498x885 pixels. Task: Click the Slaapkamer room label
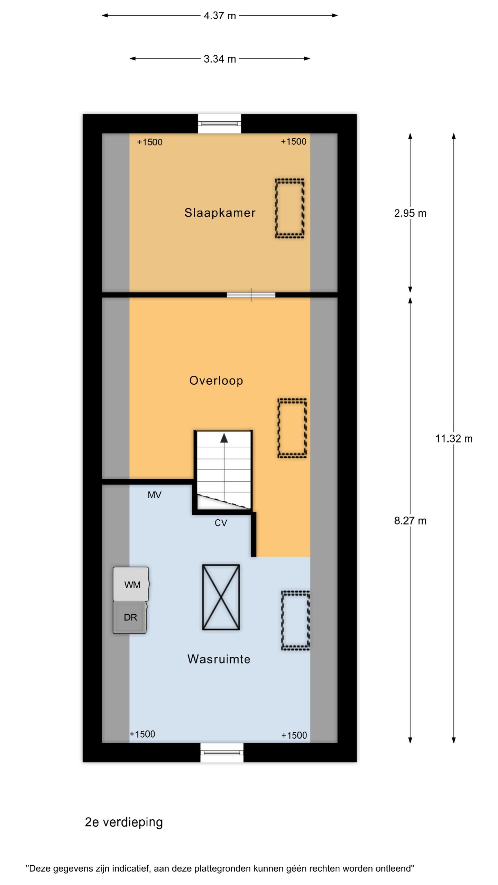click(220, 213)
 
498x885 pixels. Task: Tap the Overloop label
click(216, 381)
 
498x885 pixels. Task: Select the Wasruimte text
click(219, 659)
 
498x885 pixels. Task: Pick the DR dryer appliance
click(130, 617)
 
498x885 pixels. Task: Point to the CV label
click(221, 523)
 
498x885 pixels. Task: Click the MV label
click(154, 495)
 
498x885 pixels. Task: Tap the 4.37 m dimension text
click(220, 16)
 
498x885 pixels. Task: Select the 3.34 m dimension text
click(220, 59)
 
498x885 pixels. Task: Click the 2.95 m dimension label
click(410, 213)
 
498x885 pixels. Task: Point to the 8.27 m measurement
click(410, 521)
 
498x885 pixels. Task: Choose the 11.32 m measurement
click(453, 439)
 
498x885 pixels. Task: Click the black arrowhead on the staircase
click(224, 438)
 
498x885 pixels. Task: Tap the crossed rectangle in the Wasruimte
click(221, 597)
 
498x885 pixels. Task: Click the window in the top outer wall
click(219, 123)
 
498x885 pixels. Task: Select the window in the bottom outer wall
click(222, 753)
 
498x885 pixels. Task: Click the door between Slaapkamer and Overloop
click(251, 295)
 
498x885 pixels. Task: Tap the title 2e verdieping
click(124, 822)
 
